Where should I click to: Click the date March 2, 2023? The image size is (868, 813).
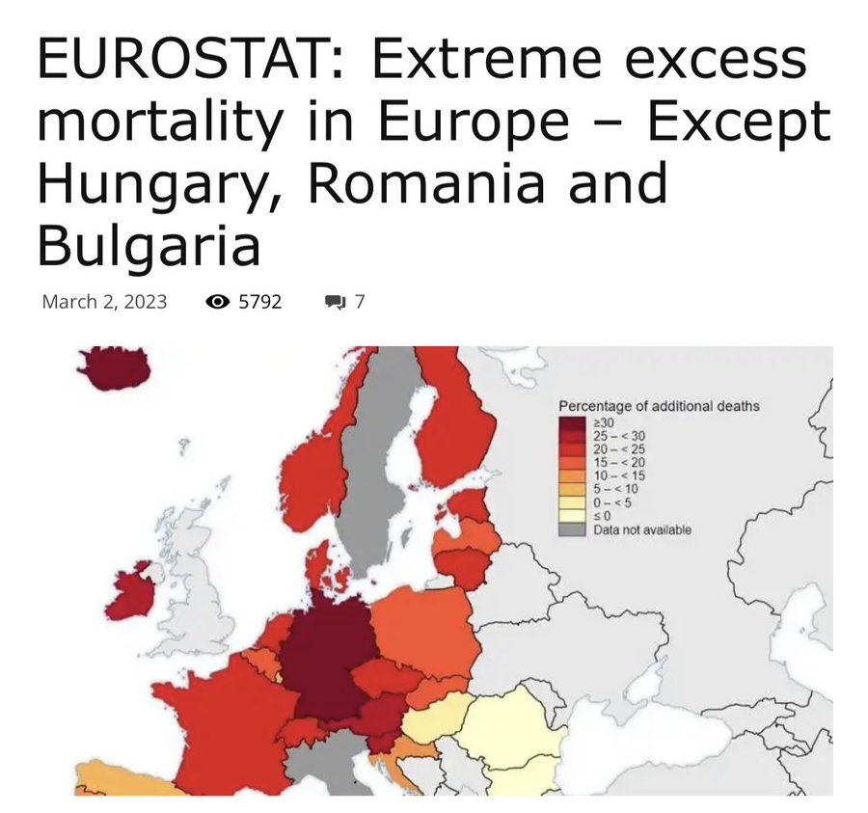(x=104, y=302)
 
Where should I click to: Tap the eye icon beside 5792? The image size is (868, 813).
(x=218, y=302)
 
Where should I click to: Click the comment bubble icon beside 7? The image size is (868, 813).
(x=335, y=303)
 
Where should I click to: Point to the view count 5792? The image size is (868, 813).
(x=260, y=302)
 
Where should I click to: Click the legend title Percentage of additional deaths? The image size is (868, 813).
(x=659, y=406)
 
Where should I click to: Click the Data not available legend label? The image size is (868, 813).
(x=642, y=529)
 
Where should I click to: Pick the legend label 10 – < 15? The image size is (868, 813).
(x=619, y=476)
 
